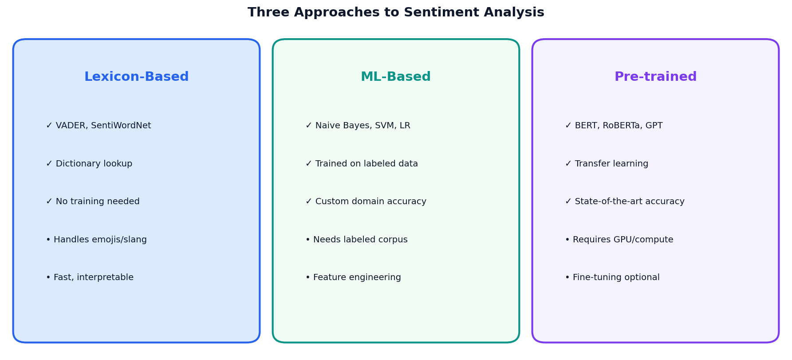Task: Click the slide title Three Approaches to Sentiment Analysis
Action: tap(396, 12)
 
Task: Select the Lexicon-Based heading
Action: tap(136, 77)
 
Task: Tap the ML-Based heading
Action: tap(396, 77)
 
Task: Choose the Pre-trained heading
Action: tap(655, 77)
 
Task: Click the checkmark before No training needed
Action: tap(49, 202)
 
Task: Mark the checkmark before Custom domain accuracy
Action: tap(308, 202)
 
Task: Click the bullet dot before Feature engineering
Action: tap(307, 278)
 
